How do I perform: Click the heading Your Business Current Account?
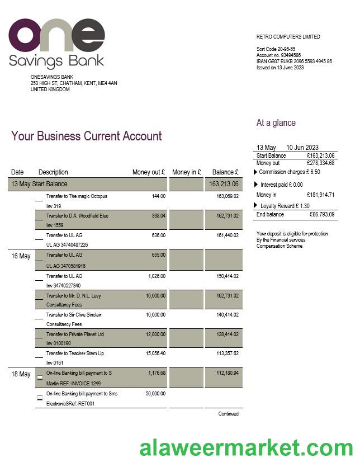click(x=87, y=136)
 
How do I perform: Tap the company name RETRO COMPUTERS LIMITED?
click(x=288, y=37)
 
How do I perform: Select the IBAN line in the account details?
click(x=294, y=62)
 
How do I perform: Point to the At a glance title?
click(x=276, y=123)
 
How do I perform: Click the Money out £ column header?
click(x=149, y=172)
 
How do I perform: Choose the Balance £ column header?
click(x=225, y=172)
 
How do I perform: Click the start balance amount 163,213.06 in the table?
click(x=224, y=184)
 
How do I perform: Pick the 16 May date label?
click(x=21, y=256)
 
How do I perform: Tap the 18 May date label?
click(x=21, y=374)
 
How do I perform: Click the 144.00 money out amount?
click(x=159, y=196)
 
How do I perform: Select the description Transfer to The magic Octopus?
click(x=77, y=196)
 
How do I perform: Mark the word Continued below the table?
click(x=229, y=414)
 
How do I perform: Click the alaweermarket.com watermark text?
click(x=246, y=448)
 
